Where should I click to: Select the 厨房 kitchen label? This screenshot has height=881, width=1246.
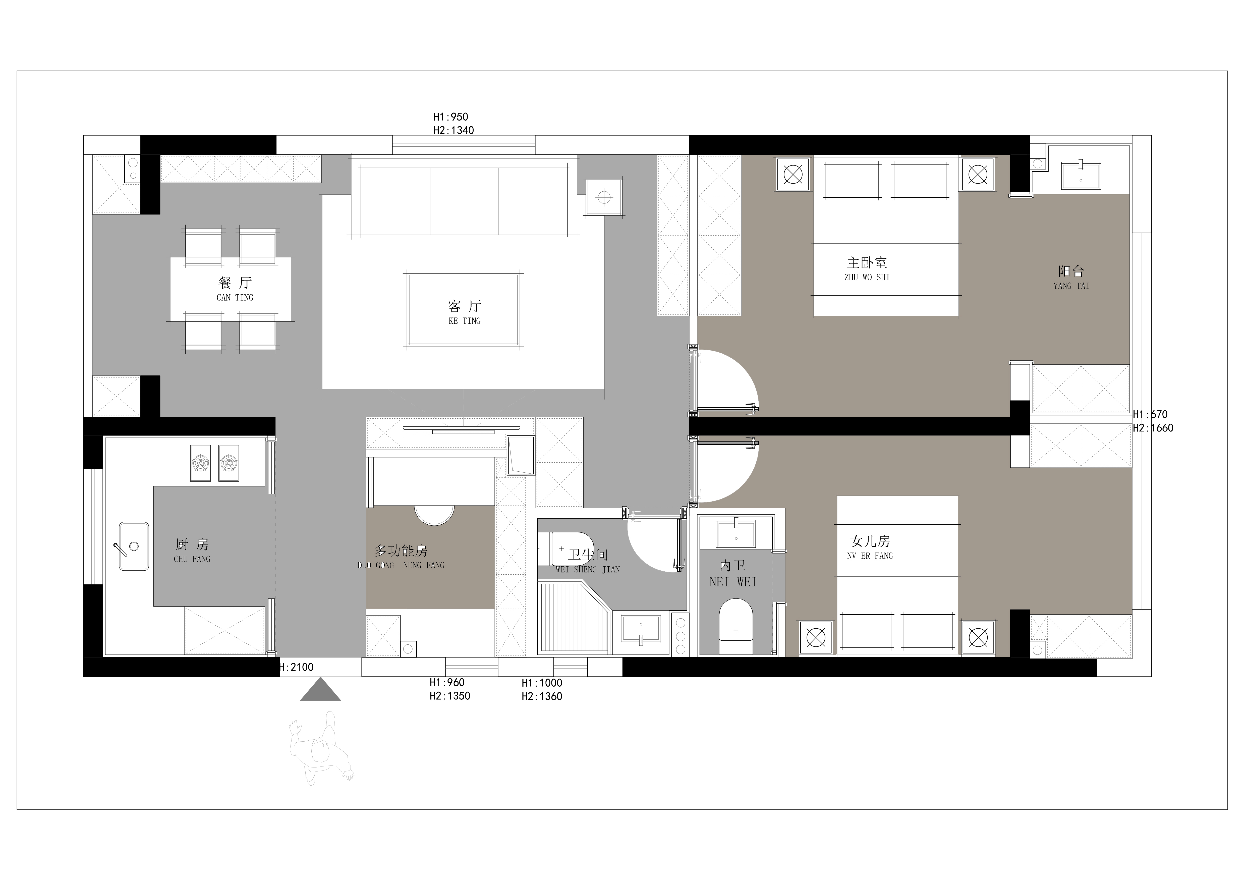[192, 544]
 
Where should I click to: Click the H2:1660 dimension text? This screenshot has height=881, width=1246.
[1153, 428]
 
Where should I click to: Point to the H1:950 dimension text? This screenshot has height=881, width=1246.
[450, 117]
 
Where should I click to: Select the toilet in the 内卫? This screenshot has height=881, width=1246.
[736, 627]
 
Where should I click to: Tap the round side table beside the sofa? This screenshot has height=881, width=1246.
[604, 197]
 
